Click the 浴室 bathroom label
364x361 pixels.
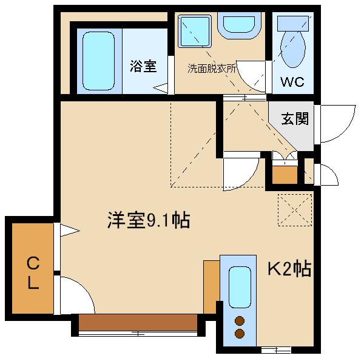point(143,66)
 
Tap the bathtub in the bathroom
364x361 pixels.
point(98,61)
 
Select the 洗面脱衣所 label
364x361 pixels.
point(212,69)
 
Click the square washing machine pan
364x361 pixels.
point(195,31)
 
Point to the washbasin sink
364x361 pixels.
point(239,24)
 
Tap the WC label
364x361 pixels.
point(292,81)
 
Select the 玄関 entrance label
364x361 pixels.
point(295,119)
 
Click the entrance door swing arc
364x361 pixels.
point(345,130)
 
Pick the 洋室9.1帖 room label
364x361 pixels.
point(149,220)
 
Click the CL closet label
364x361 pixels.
point(33,272)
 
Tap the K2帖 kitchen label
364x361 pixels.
point(289,269)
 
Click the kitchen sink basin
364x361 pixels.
point(240,287)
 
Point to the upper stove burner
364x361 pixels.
point(240,321)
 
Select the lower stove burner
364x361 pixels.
point(240,334)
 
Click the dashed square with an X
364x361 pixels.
point(295,210)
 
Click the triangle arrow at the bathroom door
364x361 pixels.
point(160,88)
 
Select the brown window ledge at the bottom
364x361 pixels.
point(138,322)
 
